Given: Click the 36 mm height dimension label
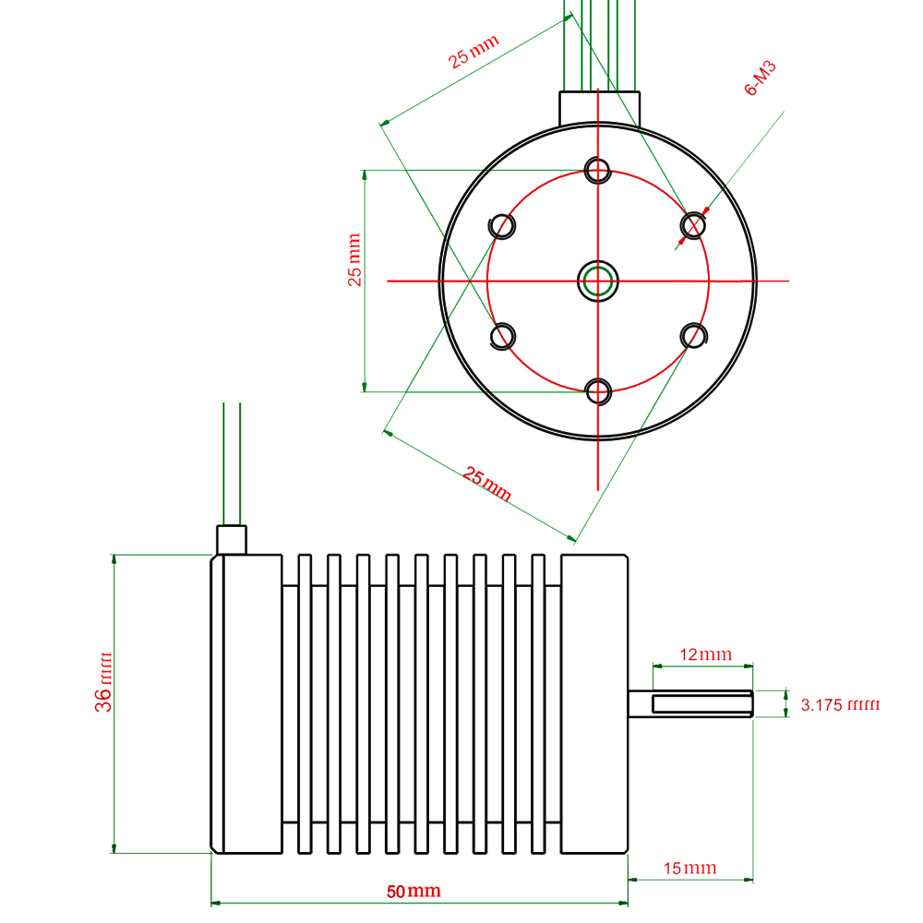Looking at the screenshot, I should [x=103, y=688].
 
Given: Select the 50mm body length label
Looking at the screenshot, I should [x=413, y=892].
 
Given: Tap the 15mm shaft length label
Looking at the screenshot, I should [x=689, y=868].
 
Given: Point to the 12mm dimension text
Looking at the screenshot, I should [x=704, y=655].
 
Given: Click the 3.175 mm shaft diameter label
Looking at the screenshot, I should [x=840, y=705].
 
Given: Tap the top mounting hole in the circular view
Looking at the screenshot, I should [x=598, y=170].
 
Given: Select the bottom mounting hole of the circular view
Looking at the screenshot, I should [x=598, y=391].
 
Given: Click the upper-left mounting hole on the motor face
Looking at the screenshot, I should [x=501, y=225].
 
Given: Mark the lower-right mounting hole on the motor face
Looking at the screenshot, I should [x=693, y=335].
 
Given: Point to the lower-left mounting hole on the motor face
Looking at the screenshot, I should [x=502, y=335].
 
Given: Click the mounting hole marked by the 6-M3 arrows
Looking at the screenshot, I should [x=693, y=225].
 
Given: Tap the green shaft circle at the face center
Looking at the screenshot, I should [x=598, y=281].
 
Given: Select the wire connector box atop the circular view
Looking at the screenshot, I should [x=600, y=107].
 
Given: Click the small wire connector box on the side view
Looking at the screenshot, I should [x=231, y=539].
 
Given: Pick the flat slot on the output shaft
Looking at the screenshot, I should [x=702, y=704].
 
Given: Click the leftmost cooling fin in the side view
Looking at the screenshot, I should [x=306, y=703].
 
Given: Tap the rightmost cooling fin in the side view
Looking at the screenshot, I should [x=539, y=703].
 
